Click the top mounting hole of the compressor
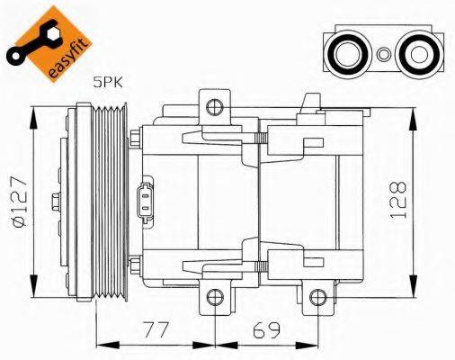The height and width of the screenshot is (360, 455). pyautogui.click(x=213, y=109)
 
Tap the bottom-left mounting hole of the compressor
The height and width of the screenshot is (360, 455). pyautogui.click(x=213, y=296)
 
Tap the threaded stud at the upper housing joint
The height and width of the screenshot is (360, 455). pyautogui.click(x=262, y=138)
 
